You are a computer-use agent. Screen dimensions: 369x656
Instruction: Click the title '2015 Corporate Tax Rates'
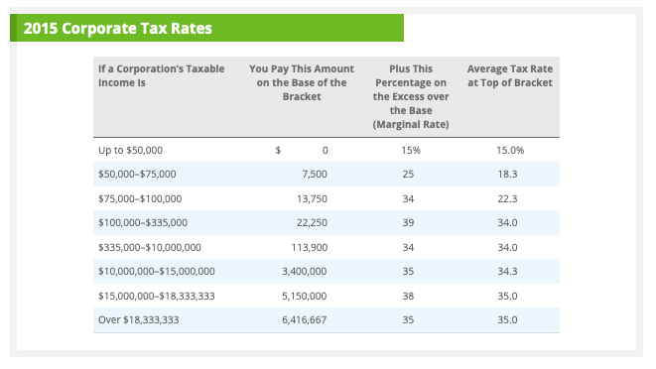[117, 28]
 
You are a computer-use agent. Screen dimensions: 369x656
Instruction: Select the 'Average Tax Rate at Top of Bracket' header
[509, 75]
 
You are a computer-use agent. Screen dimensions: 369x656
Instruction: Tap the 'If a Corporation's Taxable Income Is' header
[162, 75]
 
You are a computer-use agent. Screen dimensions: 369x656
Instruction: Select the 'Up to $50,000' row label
[130, 150]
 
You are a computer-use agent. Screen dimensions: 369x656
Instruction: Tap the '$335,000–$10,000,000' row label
[150, 246]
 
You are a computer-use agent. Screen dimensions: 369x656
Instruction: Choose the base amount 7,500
[314, 174]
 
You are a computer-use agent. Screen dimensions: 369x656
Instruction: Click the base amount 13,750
[312, 198]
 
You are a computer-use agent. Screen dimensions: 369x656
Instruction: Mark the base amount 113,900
[310, 246]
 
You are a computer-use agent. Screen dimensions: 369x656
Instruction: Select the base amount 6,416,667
[305, 319]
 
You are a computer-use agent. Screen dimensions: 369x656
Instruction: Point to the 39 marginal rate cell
[410, 222]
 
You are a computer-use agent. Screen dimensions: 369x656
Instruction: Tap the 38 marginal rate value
[410, 296]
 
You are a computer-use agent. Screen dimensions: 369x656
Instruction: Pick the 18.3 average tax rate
[509, 174]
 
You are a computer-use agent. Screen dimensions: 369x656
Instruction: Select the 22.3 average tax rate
[509, 198]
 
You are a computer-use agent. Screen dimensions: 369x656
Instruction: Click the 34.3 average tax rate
[509, 271]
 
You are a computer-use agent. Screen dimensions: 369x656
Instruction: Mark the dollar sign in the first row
[278, 150]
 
